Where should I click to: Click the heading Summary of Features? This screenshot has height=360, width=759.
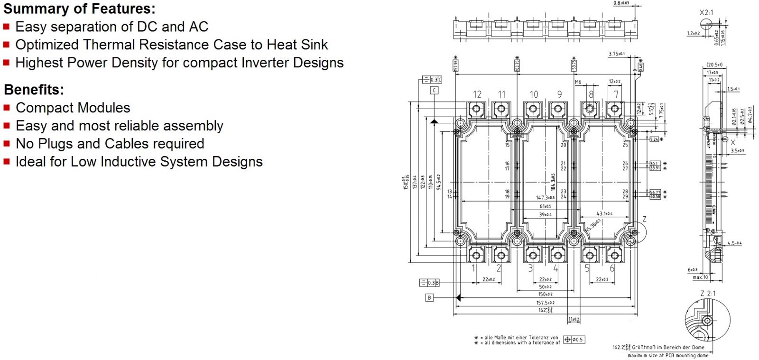click(79, 9)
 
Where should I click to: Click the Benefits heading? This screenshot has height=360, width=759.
click(34, 90)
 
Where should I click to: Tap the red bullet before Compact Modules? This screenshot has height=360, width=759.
click(7, 108)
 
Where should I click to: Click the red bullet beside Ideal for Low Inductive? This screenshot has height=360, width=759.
click(7, 162)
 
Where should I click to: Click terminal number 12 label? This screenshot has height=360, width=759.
click(477, 94)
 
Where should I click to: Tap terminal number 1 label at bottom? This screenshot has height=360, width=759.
click(473, 268)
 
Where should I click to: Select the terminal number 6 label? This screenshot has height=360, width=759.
click(612, 268)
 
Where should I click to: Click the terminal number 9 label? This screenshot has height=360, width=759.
click(559, 94)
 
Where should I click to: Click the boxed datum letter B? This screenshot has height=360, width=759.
click(429, 298)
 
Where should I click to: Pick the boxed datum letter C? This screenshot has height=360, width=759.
click(434, 90)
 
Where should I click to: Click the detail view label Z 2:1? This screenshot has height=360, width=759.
click(707, 294)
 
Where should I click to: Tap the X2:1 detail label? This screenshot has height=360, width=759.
click(706, 12)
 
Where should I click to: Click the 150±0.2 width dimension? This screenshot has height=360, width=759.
click(545, 295)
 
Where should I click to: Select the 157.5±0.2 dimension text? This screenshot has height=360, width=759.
click(545, 303)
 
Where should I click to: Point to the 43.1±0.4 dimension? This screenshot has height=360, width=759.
click(604, 213)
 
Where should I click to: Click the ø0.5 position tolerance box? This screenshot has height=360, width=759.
click(574, 340)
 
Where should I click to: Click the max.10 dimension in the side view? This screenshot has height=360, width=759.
click(700, 277)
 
